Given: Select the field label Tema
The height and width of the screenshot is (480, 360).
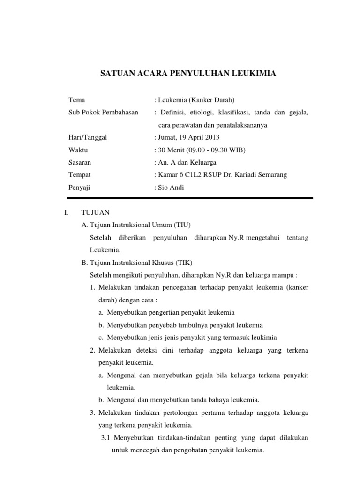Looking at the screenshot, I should [x=76, y=100].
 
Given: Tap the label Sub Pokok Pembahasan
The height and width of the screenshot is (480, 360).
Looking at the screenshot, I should [x=103, y=112].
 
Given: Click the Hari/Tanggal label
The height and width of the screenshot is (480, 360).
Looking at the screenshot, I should [x=88, y=137].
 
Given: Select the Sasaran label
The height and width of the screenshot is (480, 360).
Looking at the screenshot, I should [x=80, y=163].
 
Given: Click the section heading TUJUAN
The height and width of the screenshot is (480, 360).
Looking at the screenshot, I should [x=95, y=212].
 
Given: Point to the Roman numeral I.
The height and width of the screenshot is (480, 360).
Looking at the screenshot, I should [x=66, y=212].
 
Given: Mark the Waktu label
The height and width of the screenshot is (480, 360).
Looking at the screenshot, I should [x=78, y=150].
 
